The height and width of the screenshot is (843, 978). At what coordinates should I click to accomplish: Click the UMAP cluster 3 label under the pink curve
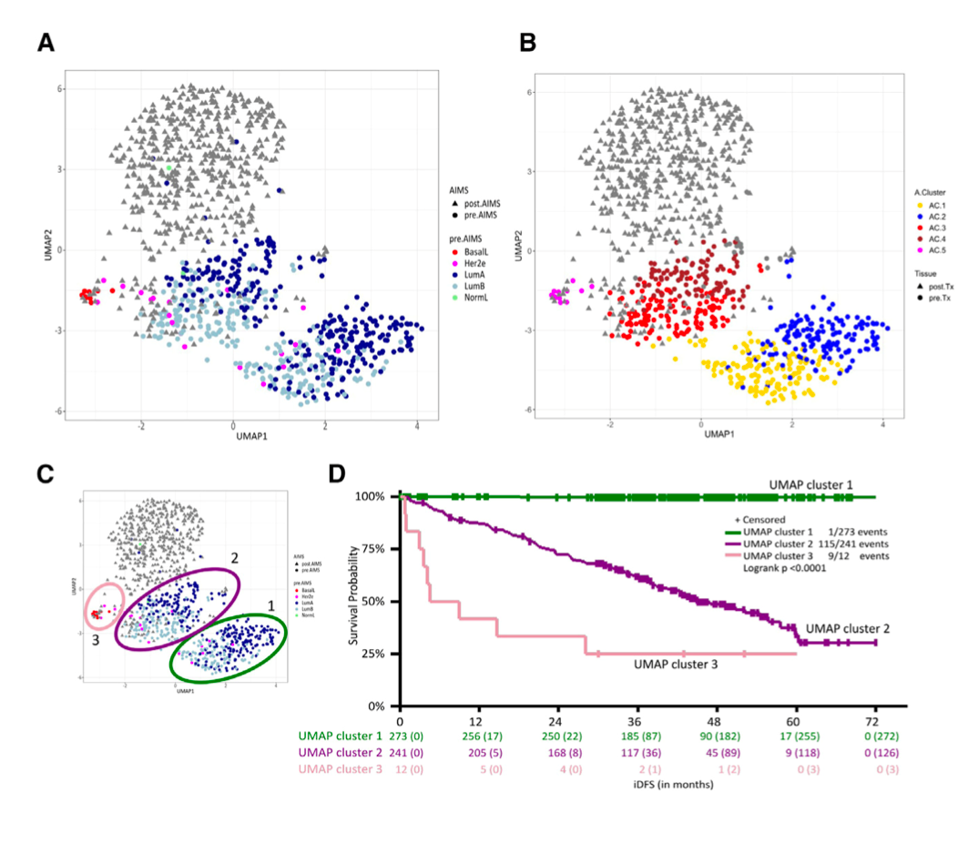pyautogui.click(x=675, y=665)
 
